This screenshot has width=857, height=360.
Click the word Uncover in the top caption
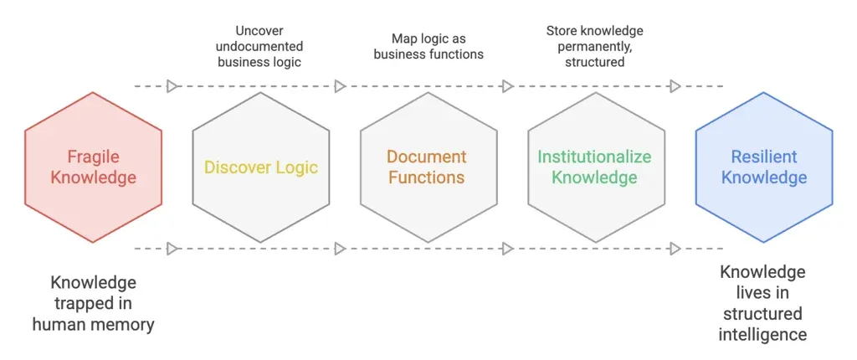[260, 31]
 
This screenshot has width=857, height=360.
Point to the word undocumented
[260, 46]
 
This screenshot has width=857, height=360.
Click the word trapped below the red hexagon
[93, 303]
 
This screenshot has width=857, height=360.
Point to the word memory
[126, 324]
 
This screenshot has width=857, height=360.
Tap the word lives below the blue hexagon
[763, 293]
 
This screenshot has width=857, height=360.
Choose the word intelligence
[763, 335]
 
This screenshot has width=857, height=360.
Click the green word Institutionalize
[594, 157]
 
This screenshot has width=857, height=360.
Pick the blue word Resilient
[763, 157]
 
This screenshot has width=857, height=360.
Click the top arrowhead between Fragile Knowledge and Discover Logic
[172, 86]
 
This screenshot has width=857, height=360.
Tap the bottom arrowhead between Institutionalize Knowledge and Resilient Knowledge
[675, 249]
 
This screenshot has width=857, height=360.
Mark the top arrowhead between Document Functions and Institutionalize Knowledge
[507, 86]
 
